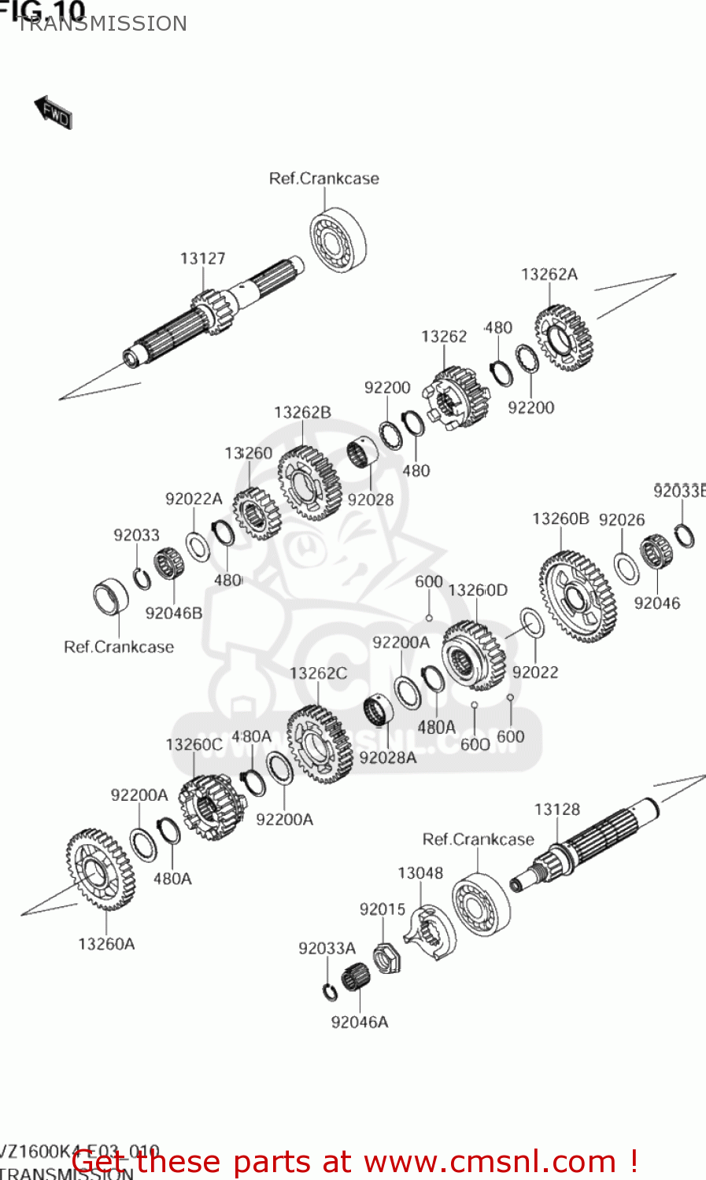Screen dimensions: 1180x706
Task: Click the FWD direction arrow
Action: tap(54, 112)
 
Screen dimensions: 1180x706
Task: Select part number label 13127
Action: tap(202, 259)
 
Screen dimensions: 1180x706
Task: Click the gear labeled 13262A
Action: tap(564, 338)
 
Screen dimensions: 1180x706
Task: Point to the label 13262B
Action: tap(302, 412)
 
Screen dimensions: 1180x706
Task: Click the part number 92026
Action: tap(621, 520)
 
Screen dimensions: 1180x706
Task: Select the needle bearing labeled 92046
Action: tap(656, 551)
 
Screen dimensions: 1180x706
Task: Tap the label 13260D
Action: tap(478, 590)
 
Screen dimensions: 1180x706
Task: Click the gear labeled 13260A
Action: tap(100, 870)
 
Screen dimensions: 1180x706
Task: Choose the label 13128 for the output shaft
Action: tap(556, 809)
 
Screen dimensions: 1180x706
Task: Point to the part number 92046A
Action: tap(360, 1022)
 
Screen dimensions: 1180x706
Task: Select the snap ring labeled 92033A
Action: tap(331, 991)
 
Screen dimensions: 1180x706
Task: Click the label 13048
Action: tap(420, 873)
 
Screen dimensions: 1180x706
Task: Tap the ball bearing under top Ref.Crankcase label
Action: tap(338, 240)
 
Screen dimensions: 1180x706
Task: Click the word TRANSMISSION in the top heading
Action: tap(102, 24)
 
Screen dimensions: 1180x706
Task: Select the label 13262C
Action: tap(318, 673)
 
